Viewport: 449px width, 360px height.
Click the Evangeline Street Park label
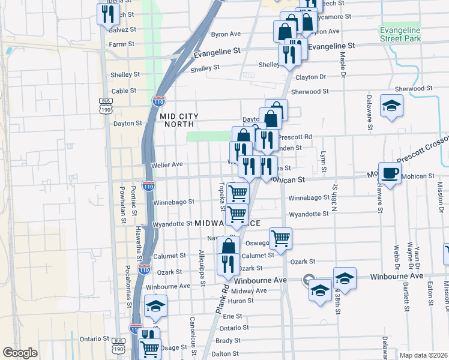[x=400, y=34]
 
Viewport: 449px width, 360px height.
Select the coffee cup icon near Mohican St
[x=390, y=173]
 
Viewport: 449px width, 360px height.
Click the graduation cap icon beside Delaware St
[x=392, y=106]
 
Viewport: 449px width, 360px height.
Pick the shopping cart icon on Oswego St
[x=280, y=238]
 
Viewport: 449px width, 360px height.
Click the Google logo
[x=20, y=353]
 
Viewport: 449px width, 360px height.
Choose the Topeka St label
[x=221, y=197]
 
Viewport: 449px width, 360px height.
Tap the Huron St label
[x=241, y=301]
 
